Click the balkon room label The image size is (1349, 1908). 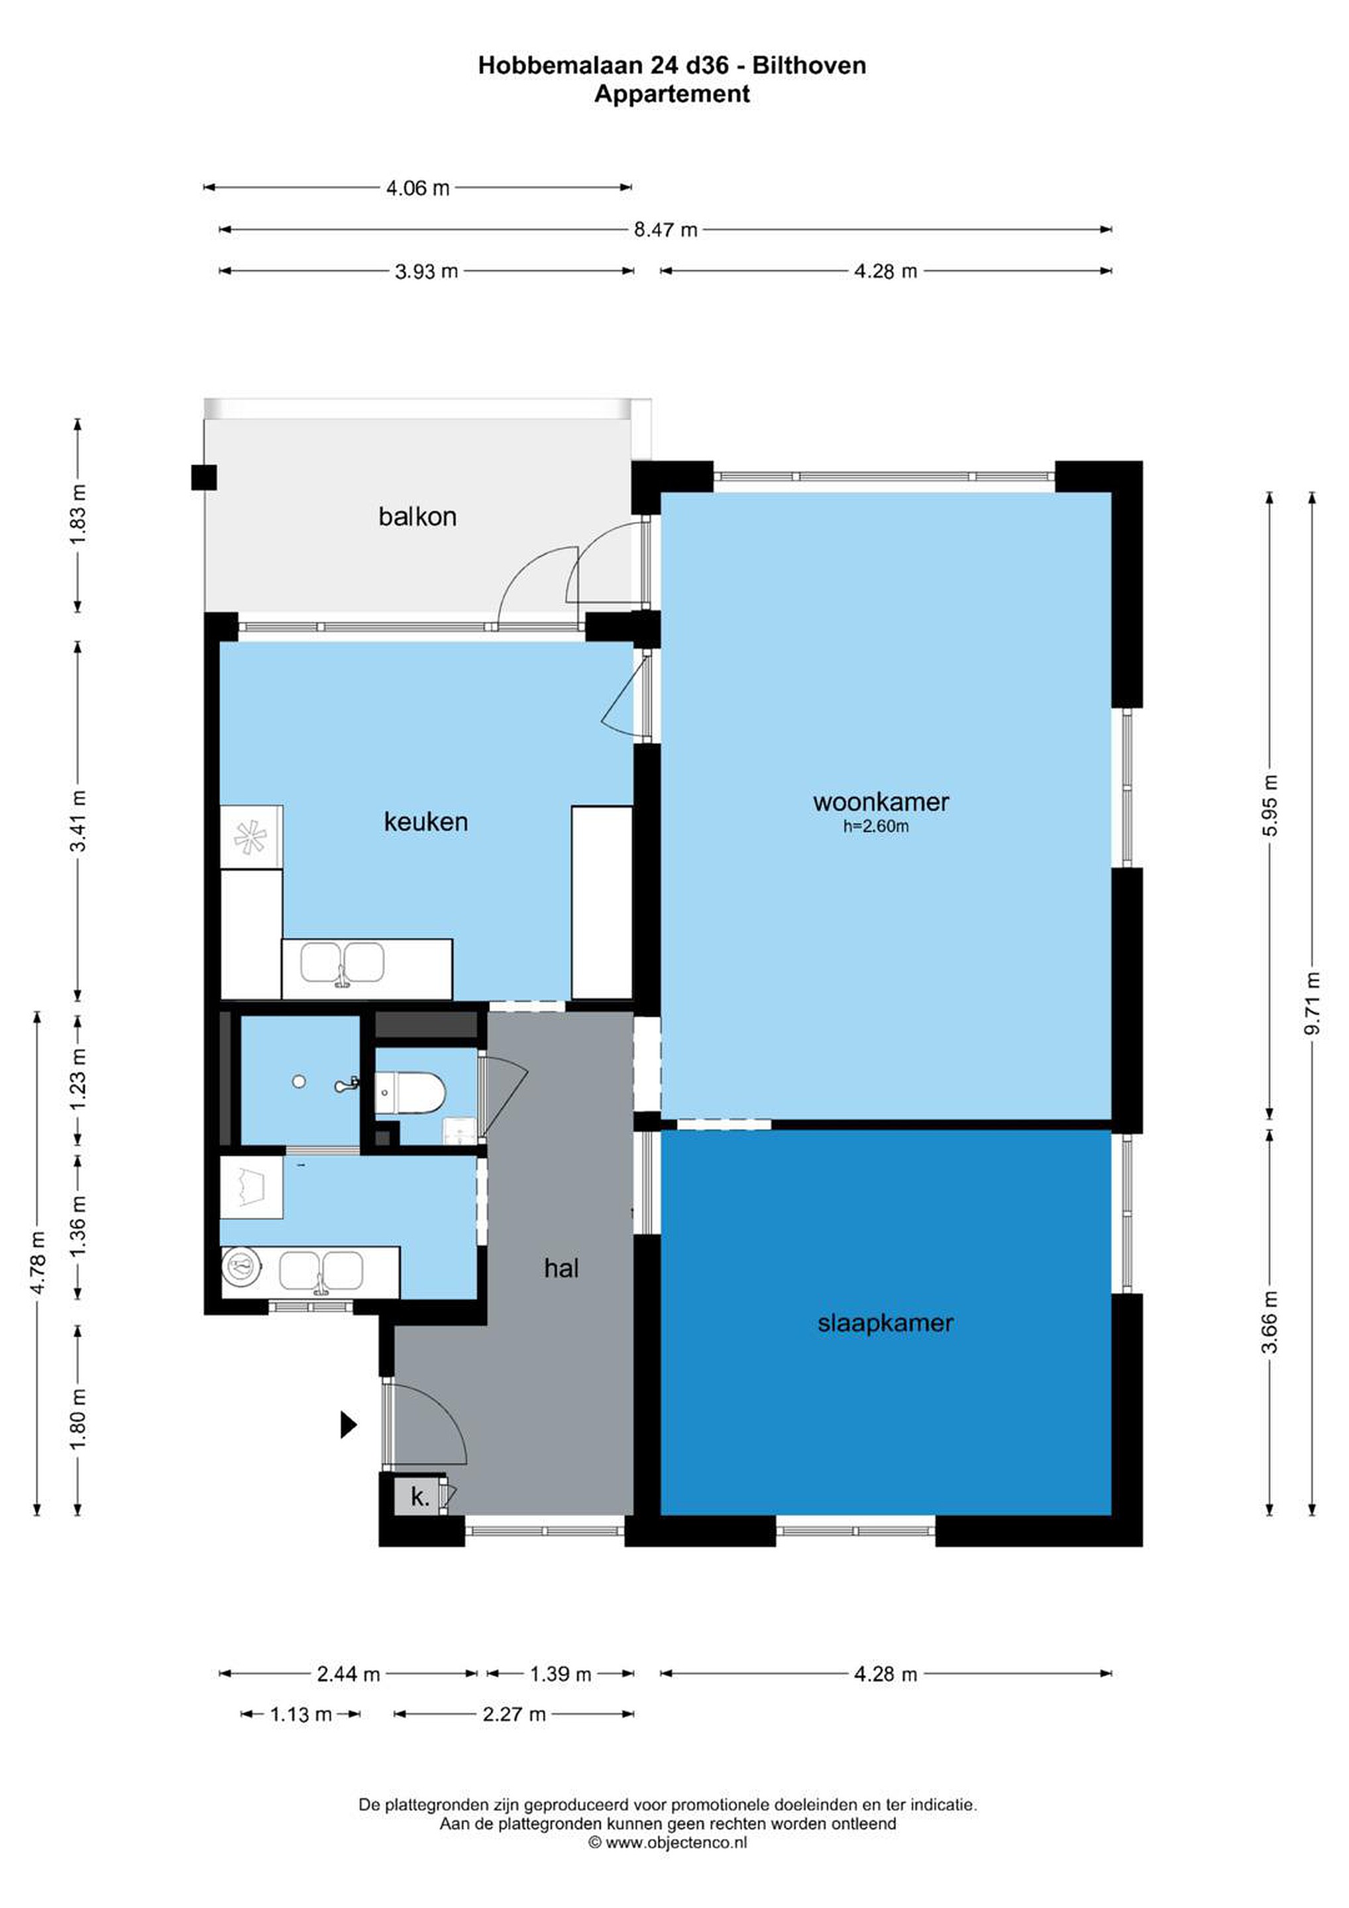point(417,517)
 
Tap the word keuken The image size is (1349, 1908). point(425,822)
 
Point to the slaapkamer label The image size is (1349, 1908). point(885,1323)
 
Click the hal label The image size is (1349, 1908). point(561,1268)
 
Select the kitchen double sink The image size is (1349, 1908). point(343,963)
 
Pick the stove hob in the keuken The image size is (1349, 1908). point(251,837)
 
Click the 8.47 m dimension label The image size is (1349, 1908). point(666,230)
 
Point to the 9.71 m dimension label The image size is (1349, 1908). point(1313,1003)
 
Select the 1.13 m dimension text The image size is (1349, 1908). point(301,1713)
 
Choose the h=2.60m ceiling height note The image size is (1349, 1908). point(876,827)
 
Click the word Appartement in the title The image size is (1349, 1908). point(672,94)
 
